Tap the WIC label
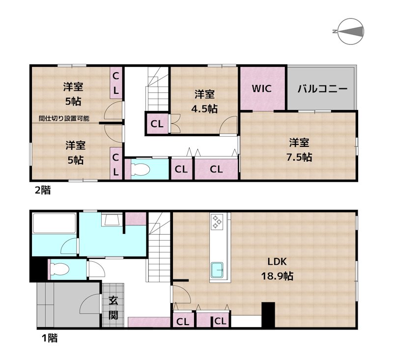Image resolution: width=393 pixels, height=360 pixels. tap(261, 89)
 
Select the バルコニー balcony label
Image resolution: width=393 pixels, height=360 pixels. tap(323, 89)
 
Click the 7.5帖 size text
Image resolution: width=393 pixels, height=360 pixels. tap(300, 157)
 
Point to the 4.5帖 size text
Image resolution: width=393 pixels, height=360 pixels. tap(204, 109)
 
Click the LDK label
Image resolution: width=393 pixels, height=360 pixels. tap(277, 261)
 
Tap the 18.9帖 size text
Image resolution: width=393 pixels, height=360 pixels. tap(277, 276)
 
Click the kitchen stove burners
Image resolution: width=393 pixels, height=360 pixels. tap(217, 222)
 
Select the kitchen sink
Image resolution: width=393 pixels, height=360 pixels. tap(217, 270)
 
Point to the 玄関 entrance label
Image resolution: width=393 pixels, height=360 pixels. tap(113, 307)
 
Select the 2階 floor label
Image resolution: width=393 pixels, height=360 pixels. tap(42, 191)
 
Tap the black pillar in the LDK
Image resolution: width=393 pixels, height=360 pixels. tap(268, 316)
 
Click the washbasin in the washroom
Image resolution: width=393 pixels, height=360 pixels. tap(111, 219)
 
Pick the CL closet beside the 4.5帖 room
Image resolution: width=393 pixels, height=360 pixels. tap(157, 124)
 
